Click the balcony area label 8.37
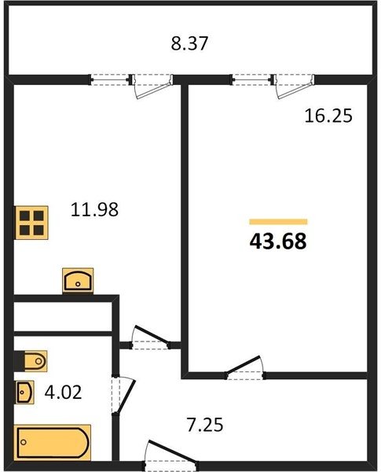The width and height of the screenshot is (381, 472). (189, 43)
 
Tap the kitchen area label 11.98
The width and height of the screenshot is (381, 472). (94, 209)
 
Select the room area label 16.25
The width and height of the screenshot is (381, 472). (328, 116)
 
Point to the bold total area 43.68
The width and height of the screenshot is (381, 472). (278, 242)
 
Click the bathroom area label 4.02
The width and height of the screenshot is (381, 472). (63, 393)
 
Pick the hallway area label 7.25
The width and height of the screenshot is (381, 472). (205, 425)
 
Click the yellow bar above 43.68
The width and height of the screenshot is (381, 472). (278, 222)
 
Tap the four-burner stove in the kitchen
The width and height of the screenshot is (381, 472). (31, 223)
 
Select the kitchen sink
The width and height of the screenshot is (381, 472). (78, 281)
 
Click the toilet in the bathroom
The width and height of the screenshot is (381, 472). (31, 361)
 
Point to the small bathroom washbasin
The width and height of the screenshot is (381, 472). (24, 392)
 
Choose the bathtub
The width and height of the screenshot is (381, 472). (53, 442)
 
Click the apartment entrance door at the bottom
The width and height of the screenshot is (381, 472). (170, 455)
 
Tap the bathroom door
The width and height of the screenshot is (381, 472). (123, 395)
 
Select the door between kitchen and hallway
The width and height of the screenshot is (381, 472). (150, 338)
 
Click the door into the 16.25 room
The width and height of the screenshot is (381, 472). (245, 367)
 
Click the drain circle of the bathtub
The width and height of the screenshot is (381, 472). (24, 442)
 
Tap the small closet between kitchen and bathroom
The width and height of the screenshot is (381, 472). (63, 317)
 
